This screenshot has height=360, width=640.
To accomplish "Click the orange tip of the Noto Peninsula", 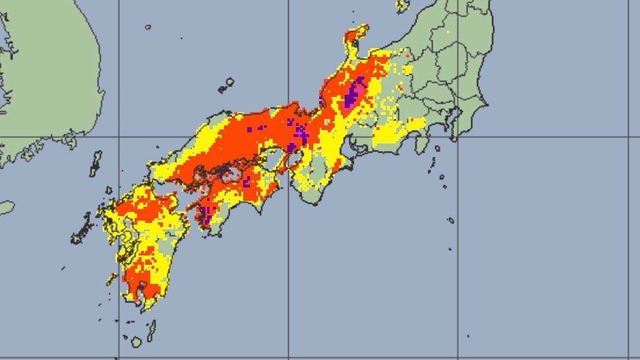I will click(359, 32).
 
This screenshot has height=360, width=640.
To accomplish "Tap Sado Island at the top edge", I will click(402, 6).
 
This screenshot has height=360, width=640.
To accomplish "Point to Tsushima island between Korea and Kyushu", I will click(95, 163).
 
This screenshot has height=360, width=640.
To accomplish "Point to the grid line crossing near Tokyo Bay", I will click(458, 137).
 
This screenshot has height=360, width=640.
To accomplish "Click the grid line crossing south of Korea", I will click(120, 137).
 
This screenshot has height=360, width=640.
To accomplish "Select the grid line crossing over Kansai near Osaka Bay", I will click(289, 137).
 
